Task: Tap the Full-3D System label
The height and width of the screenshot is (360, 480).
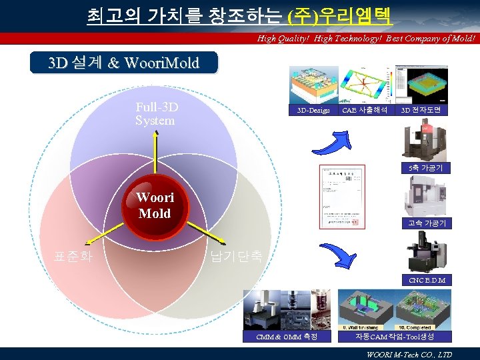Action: [x=156, y=114]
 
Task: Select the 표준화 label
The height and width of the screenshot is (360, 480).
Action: [x=73, y=256]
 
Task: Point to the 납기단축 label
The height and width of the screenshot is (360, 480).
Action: [x=236, y=256]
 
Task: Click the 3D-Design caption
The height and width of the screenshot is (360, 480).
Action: [x=313, y=110]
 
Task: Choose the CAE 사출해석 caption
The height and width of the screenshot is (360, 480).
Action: [x=365, y=110]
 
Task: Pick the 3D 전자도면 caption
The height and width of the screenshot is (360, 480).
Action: [x=421, y=110]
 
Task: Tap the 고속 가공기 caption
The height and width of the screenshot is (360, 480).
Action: [x=427, y=223]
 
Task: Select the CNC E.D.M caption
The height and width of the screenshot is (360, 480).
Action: [x=427, y=280]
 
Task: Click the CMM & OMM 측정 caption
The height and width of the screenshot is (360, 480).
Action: [x=287, y=337]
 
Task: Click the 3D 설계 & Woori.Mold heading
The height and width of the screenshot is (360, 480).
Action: [x=124, y=63]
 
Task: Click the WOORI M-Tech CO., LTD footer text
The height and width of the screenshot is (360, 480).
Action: [x=409, y=354]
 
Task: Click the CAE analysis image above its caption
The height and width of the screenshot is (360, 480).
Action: [x=365, y=83]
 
